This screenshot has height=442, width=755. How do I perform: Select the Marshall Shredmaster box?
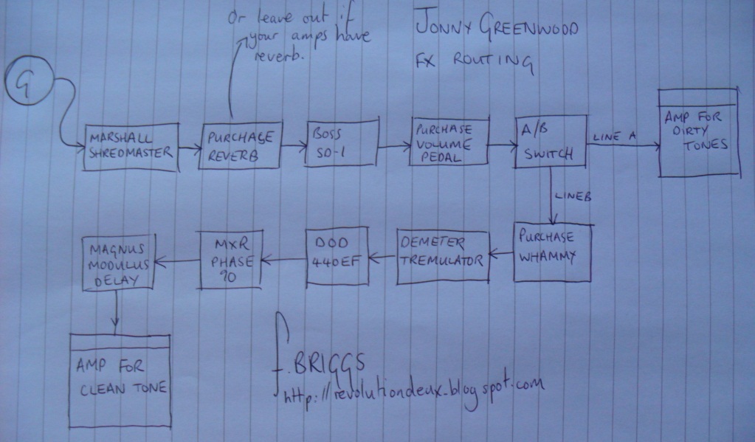[x=131, y=146]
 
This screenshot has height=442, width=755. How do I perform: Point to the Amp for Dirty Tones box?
[x=698, y=133]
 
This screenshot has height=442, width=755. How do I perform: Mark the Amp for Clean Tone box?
[x=120, y=377]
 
